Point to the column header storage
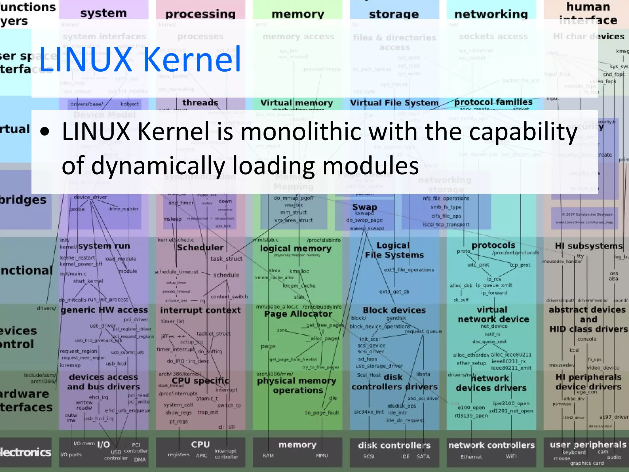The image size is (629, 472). (x=394, y=14)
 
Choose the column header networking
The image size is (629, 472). (x=491, y=14)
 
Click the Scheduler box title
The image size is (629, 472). (x=200, y=248)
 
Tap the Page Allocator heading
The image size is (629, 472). (x=298, y=314)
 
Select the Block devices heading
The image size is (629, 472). (x=394, y=310)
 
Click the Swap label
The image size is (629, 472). (x=365, y=207)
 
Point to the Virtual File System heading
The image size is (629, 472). (x=394, y=103)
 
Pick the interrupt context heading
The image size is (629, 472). (x=200, y=310)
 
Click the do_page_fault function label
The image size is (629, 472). (x=322, y=413)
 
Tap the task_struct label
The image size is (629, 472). (x=226, y=259)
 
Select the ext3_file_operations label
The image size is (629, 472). (x=409, y=270)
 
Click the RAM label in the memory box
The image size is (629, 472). (x=268, y=455)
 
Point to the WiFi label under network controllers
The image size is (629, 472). (x=511, y=456)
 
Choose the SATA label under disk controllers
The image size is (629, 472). (x=423, y=456)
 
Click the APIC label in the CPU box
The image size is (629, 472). (x=201, y=455)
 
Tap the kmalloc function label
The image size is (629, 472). (x=299, y=271)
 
